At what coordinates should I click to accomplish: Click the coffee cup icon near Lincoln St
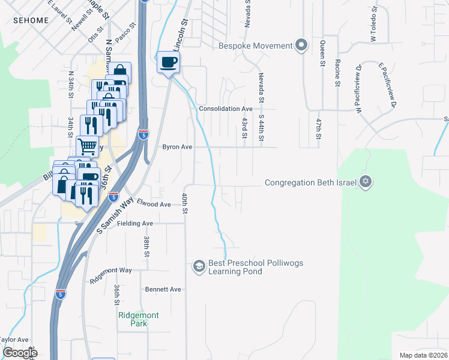(169, 62)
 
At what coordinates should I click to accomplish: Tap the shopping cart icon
(87, 145)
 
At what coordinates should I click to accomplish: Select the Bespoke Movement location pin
(301, 46)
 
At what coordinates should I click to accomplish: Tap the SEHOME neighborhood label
(31, 20)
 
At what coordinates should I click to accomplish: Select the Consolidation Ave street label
(226, 109)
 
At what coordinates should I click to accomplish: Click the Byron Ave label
(177, 146)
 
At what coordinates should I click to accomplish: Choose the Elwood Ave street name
(154, 204)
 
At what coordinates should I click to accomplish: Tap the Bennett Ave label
(163, 289)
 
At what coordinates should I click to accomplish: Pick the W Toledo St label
(373, 24)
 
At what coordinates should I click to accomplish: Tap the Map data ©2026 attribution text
(423, 355)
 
